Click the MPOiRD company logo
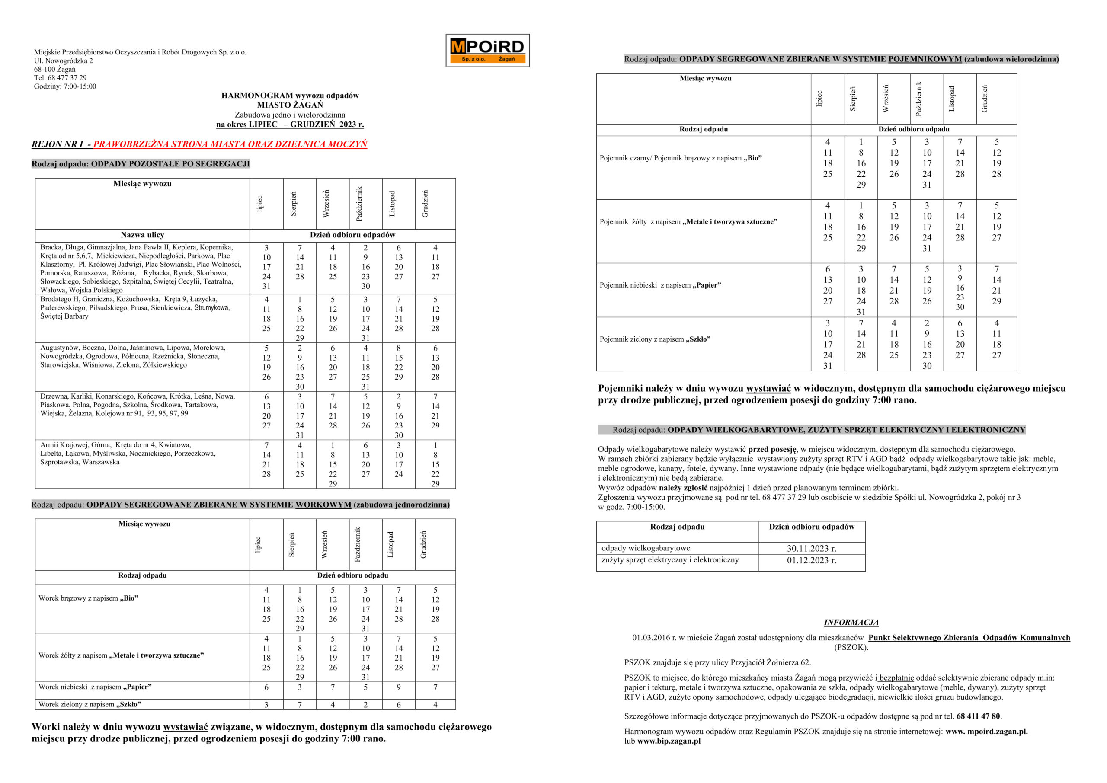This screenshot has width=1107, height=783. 487,50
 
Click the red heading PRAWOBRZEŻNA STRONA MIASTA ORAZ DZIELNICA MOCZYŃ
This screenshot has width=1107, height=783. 230,144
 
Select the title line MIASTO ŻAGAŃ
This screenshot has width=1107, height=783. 290,105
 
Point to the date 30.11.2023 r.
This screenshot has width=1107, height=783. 812,548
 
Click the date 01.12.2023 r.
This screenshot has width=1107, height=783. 812,560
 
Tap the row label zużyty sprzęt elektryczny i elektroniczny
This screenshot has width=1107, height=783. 670,560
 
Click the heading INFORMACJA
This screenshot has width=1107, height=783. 851,623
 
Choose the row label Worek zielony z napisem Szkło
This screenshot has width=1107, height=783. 90,704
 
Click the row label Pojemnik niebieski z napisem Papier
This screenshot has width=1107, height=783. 660,285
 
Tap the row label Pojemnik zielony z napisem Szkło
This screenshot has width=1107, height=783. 655,339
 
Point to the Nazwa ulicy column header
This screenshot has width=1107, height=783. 142,235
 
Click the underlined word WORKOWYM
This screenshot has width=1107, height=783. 323,505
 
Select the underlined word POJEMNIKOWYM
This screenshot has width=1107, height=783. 925,59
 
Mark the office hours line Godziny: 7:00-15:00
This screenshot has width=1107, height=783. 65,87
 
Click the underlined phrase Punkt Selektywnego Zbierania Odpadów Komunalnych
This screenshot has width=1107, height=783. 969,637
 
